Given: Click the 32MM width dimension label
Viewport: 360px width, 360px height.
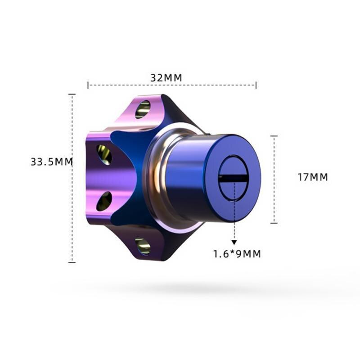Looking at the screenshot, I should pyautogui.click(x=166, y=77).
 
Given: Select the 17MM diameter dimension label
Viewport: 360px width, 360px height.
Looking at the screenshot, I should pyautogui.click(x=313, y=177).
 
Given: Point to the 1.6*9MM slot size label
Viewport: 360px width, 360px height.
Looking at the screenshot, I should pyautogui.click(x=237, y=254).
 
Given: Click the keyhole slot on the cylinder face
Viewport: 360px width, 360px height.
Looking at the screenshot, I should pyautogui.click(x=234, y=178).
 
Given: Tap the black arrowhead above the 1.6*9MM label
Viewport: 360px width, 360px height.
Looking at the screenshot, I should pyautogui.click(x=234, y=243).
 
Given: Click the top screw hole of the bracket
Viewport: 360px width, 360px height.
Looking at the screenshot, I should pyautogui.click(x=143, y=109).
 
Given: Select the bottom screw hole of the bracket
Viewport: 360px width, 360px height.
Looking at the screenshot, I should pyautogui.click(x=143, y=246).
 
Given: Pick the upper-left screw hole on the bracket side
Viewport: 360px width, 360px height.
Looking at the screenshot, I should pyautogui.click(x=104, y=154).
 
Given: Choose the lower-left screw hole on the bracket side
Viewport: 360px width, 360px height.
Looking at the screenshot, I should pyautogui.click(x=104, y=201).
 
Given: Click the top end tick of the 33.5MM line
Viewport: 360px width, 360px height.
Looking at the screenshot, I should pyautogui.click(x=72, y=94).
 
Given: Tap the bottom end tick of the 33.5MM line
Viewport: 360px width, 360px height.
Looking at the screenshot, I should pyautogui.click(x=72, y=262).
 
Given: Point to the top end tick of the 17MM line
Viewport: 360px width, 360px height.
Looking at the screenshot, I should pyautogui.click(x=274, y=136).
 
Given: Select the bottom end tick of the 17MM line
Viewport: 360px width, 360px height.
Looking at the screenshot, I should pyautogui.click(x=274, y=223).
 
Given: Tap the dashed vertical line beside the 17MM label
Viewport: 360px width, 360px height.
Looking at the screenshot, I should pyautogui.click(x=274, y=180).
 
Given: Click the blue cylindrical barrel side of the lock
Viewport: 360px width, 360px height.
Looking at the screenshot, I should pyautogui.click(x=189, y=180).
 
